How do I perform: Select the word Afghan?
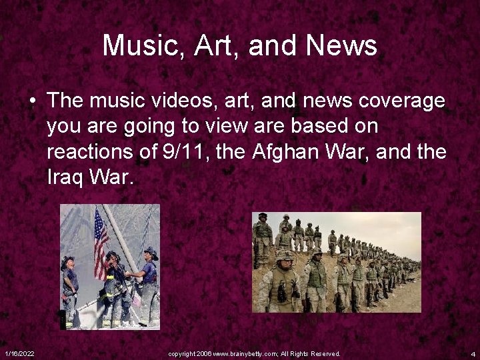tap(285, 152)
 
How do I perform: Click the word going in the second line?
tap(143, 127)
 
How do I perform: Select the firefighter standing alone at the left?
tap(69, 290)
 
